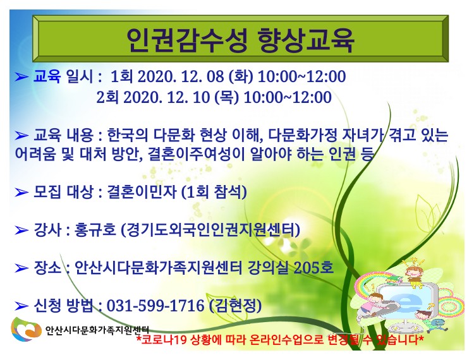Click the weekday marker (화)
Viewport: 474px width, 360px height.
(241, 76)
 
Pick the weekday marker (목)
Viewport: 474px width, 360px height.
(226, 97)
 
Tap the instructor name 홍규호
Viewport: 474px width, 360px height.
(95, 230)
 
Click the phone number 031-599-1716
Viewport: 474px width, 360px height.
(155, 305)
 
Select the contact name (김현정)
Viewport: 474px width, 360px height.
(235, 305)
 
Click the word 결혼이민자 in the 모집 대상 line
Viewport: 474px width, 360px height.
(141, 192)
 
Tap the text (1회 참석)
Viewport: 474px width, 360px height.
(214, 192)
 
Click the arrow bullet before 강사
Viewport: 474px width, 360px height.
(21, 231)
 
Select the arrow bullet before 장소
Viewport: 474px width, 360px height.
(21, 268)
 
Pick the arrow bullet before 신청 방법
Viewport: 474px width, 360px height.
(21, 306)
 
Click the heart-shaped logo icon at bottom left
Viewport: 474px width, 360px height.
(26, 329)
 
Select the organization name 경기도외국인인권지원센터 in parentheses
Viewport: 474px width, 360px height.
(210, 230)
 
